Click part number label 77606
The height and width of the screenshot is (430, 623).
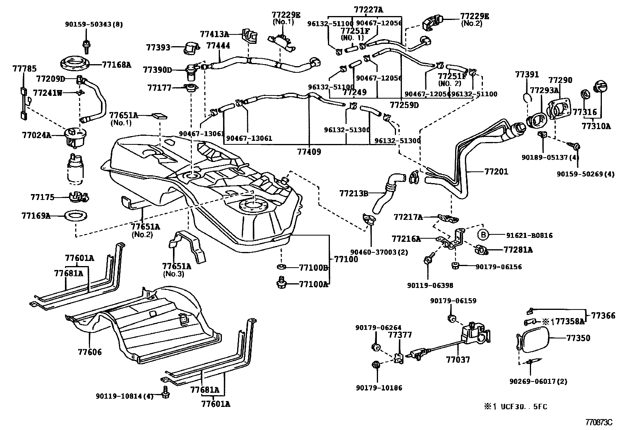tap(90, 353)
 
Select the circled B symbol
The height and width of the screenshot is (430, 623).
tap(483, 235)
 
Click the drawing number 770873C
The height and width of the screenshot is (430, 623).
tap(598, 423)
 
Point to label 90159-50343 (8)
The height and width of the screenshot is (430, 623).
tap(94, 24)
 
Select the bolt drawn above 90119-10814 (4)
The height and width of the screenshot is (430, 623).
tap(165, 392)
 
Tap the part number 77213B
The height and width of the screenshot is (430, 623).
tap(354, 193)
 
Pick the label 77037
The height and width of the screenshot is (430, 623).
tap(458, 360)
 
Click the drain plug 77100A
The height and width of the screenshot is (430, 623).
tap(281, 283)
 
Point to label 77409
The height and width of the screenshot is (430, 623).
tap(309, 152)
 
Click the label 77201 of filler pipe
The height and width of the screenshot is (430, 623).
tap(496, 171)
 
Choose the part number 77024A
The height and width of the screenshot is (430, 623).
tap(36, 135)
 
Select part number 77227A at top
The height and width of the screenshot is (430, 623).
tap(368, 9)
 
